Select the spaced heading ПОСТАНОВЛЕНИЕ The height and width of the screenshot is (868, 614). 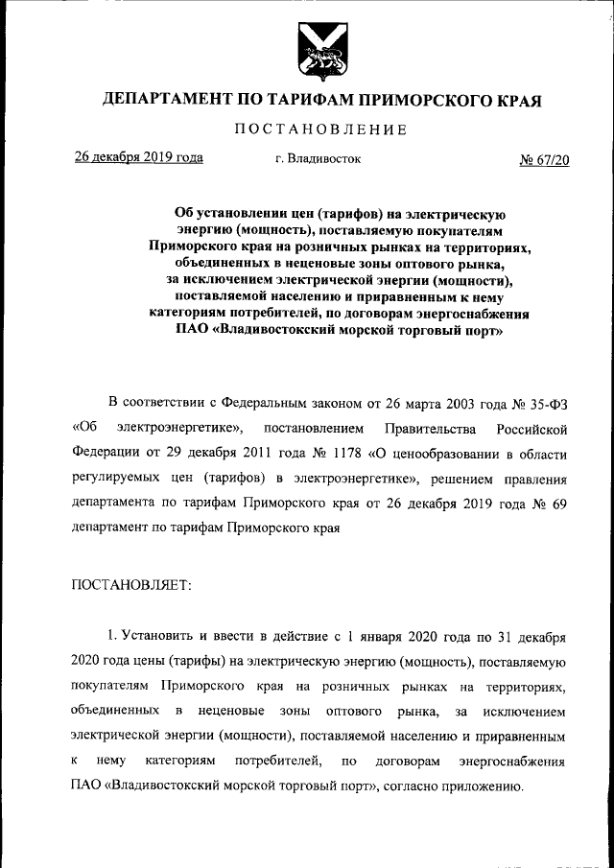tap(321, 129)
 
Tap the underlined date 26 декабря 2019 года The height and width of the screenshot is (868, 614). tap(139, 157)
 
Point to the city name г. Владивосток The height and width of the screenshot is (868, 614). tap(318, 159)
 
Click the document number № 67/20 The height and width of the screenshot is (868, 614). tap(544, 159)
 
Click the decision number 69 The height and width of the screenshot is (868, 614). tap(561, 503)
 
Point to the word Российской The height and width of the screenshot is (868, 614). tap(533, 425)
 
